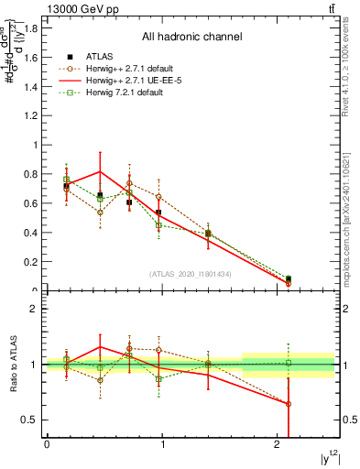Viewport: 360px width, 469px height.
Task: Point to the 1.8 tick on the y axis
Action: click(33, 27)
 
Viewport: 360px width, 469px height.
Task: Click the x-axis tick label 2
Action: click(278, 444)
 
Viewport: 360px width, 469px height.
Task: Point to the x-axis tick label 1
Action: click(162, 444)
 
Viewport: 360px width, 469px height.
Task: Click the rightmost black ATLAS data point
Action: click(289, 278)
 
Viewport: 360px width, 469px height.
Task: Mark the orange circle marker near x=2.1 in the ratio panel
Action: click(289, 404)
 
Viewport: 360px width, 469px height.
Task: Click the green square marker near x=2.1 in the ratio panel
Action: click(289, 363)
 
